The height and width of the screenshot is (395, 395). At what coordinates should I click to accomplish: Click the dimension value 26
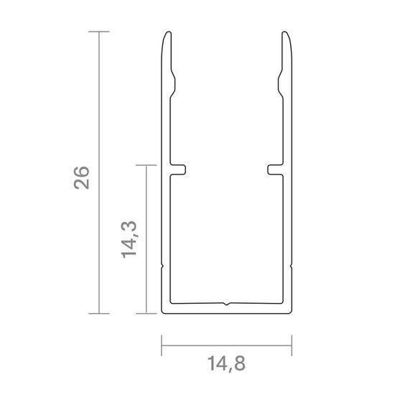point(82,177)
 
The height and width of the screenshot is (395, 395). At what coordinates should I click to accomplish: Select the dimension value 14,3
point(129,240)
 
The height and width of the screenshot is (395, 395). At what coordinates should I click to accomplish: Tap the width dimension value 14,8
point(226,364)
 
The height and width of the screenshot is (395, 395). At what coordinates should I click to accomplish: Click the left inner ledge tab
point(178,169)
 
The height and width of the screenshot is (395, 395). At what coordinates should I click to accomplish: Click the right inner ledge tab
point(275,169)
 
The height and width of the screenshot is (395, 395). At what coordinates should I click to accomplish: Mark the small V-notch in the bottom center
point(227,304)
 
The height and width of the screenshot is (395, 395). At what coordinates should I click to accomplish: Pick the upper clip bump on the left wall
point(173,84)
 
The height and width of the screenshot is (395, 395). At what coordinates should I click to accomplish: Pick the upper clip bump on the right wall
point(280,84)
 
